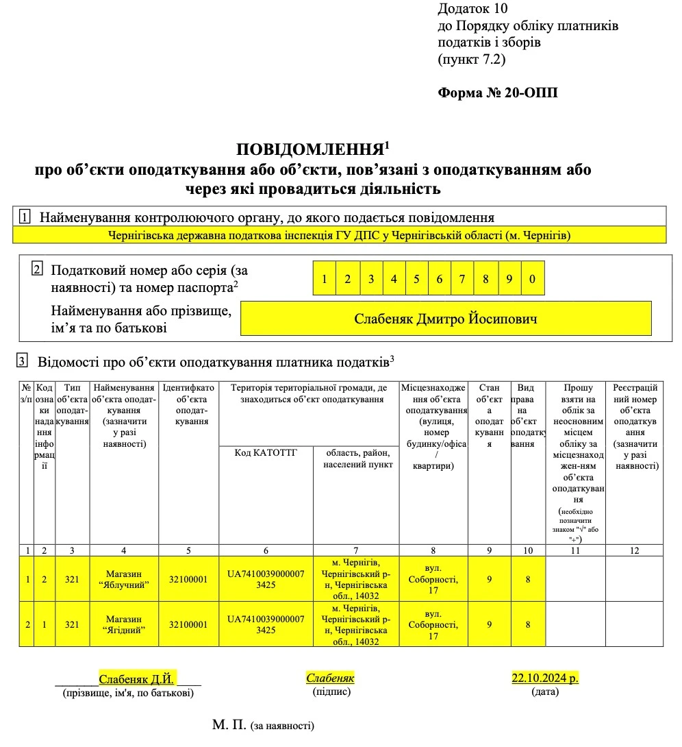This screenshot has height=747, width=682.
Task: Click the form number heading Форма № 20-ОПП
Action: tap(497, 93)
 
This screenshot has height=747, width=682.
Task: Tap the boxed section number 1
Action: tap(25, 218)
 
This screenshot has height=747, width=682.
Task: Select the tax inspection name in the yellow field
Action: tap(340, 235)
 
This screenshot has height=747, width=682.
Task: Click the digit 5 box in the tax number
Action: tap(417, 278)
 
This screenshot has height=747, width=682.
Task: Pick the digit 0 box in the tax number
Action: tap(532, 278)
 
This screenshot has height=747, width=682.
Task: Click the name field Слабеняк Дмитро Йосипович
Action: tap(445, 319)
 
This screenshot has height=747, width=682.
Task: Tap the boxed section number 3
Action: tap(23, 360)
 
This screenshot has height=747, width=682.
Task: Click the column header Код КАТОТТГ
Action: tap(266, 452)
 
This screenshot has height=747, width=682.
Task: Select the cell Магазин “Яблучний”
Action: tap(124, 579)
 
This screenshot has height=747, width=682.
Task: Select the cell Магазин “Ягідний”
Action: tap(124, 624)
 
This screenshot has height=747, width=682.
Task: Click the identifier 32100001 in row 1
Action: tap(188, 579)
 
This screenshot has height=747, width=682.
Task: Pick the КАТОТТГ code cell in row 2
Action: tap(266, 624)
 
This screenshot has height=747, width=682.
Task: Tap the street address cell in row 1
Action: tap(433, 579)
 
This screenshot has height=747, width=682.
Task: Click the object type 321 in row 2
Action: tap(73, 624)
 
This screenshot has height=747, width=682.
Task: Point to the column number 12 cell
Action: tap(634, 550)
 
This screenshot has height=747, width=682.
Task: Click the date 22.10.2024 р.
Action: tap(545, 678)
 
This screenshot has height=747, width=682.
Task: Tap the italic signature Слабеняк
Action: tap(330, 678)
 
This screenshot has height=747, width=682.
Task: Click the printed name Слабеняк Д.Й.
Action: tap(137, 679)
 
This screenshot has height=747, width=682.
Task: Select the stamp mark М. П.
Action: tap(229, 724)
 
